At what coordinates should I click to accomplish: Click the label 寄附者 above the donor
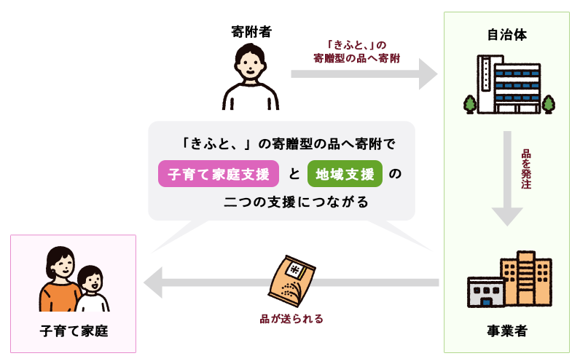tap(251, 31)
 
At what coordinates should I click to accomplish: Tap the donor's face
tap(250, 64)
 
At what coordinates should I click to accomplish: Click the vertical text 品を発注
tap(526, 170)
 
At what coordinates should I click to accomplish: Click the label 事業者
tap(507, 331)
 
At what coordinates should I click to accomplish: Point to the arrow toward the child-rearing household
tap(219, 282)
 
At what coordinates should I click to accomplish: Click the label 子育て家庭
tap(74, 331)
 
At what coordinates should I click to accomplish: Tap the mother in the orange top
tap(59, 280)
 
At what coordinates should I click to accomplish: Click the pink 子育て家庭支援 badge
tap(219, 174)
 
